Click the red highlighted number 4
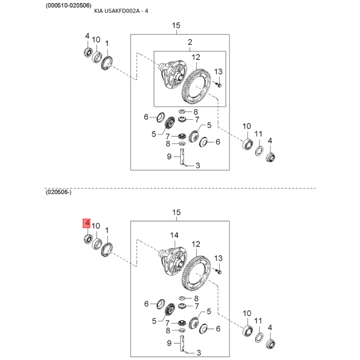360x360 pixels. coord(87,223)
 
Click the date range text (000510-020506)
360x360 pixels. coord(68,5)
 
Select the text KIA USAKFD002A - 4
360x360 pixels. coord(121,11)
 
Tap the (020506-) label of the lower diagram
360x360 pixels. coord(58,192)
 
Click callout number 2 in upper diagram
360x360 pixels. coord(189,42)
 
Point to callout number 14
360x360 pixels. coord(174,235)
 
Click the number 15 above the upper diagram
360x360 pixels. coord(176,26)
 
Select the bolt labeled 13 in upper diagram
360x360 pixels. coord(218,85)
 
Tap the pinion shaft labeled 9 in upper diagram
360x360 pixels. coord(182,157)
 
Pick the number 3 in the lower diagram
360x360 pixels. coord(198,352)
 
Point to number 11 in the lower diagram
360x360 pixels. coord(258,321)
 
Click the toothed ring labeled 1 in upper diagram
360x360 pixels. coord(107,63)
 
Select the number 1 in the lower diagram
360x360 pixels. coord(107,230)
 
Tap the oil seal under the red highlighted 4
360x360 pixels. coord(88,239)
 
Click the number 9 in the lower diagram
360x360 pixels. coord(169,343)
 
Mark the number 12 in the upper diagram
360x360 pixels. coord(196,58)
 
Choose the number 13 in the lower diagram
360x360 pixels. coord(218,258)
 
